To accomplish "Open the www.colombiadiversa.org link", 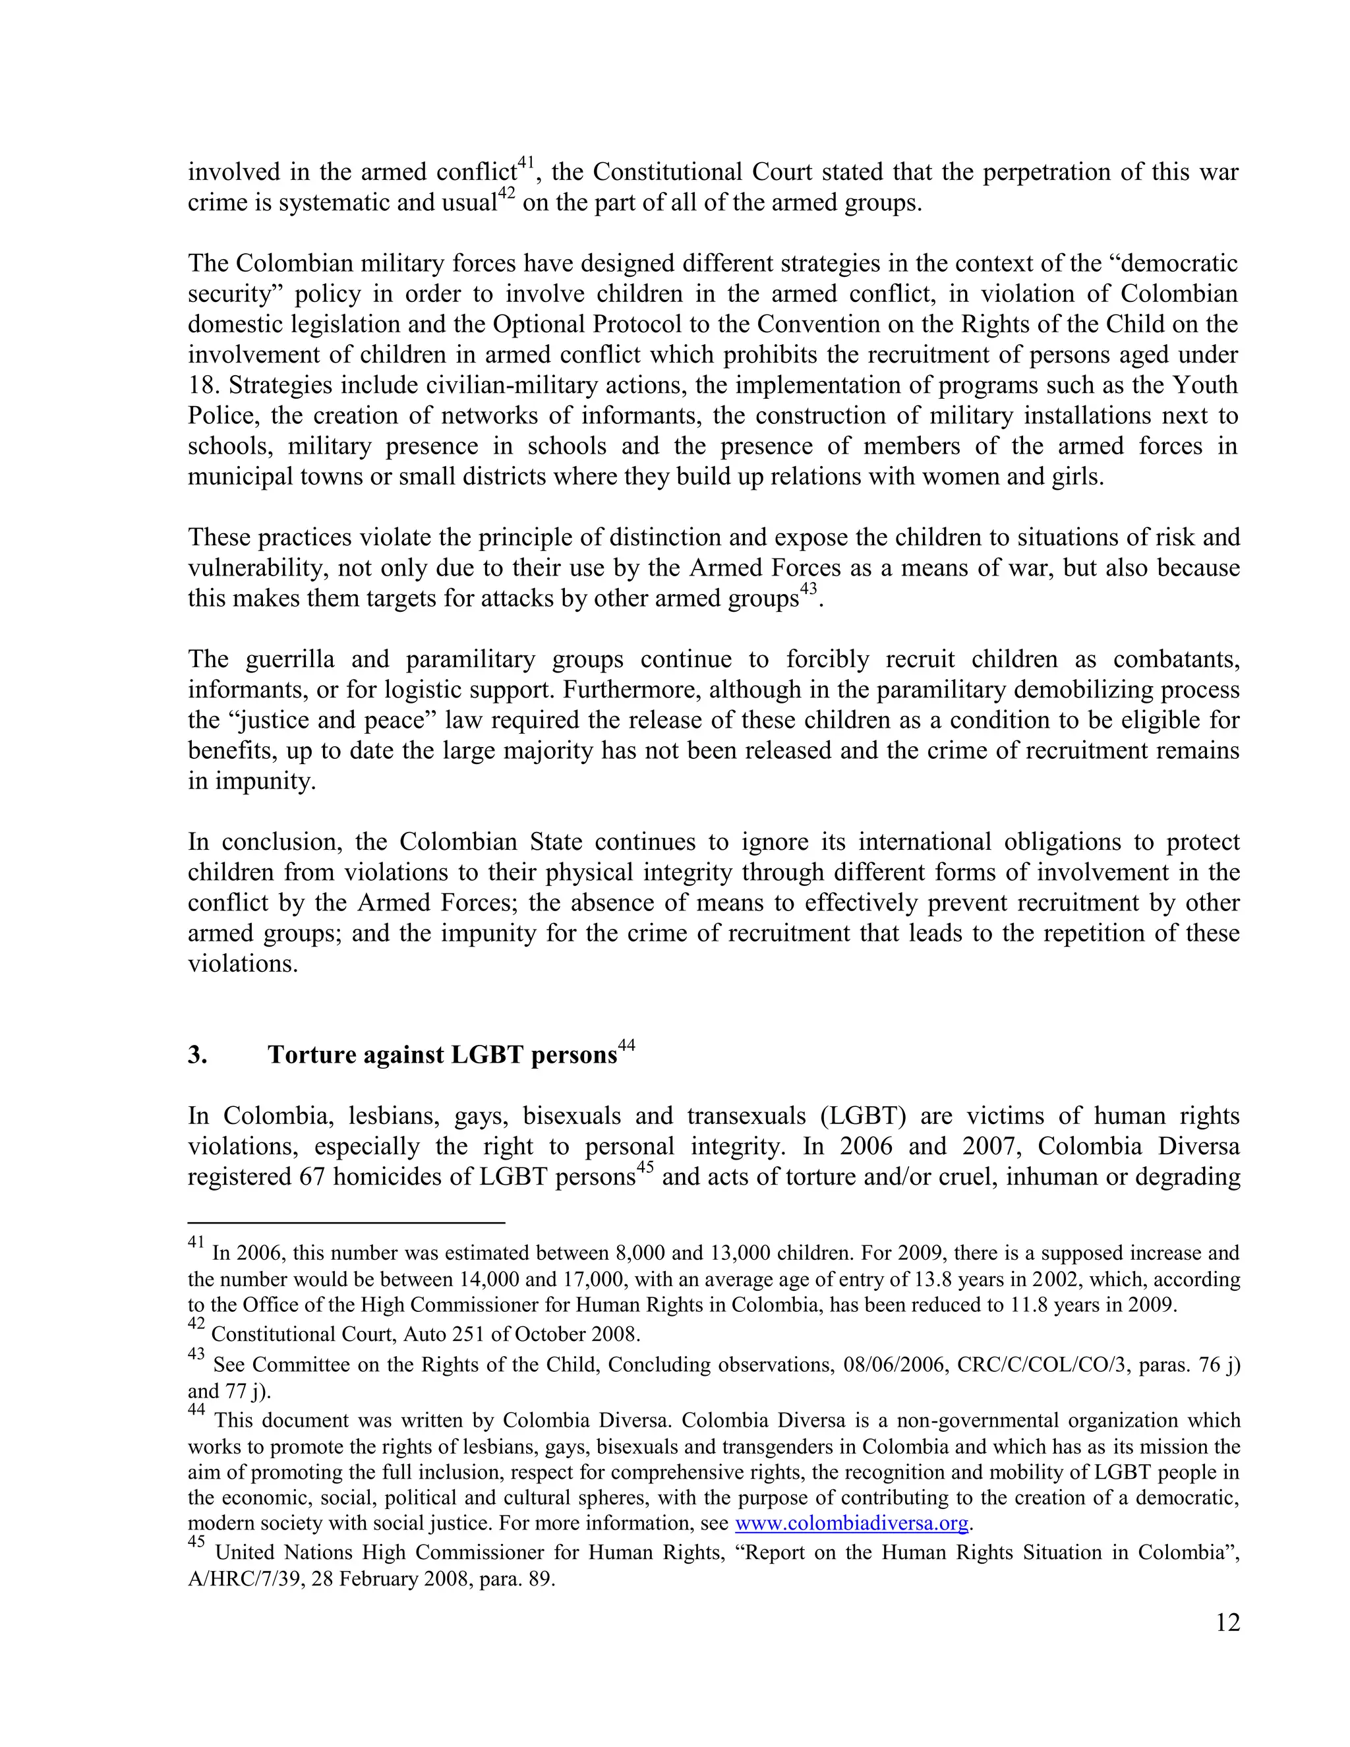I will pos(851,1523).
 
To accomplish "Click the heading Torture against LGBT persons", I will pos(442,1055).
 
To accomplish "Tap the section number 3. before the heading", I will pos(198,1055).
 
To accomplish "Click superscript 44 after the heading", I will pos(626,1046).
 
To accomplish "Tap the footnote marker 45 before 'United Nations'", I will pos(196,1542).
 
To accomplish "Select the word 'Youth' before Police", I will pos(1204,386).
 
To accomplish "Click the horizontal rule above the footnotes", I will pos(345,1222).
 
